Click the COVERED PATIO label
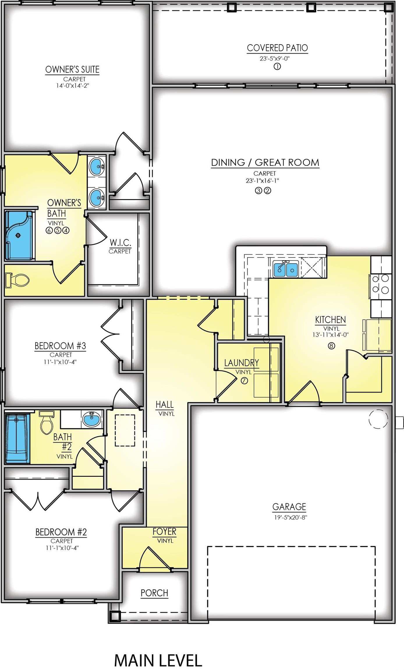[277, 48]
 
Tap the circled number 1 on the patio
[277, 67]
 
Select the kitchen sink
[285, 269]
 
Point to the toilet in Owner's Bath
[17, 280]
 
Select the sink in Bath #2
[91, 420]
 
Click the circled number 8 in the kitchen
[331, 346]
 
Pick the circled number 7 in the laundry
[244, 381]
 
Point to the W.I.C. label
[120, 243]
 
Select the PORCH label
[154, 593]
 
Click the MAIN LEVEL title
[158, 661]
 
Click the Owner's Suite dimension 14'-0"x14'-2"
[72, 86]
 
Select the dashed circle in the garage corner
[378, 419]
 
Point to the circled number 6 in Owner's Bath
[49, 230]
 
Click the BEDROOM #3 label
[60, 346]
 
